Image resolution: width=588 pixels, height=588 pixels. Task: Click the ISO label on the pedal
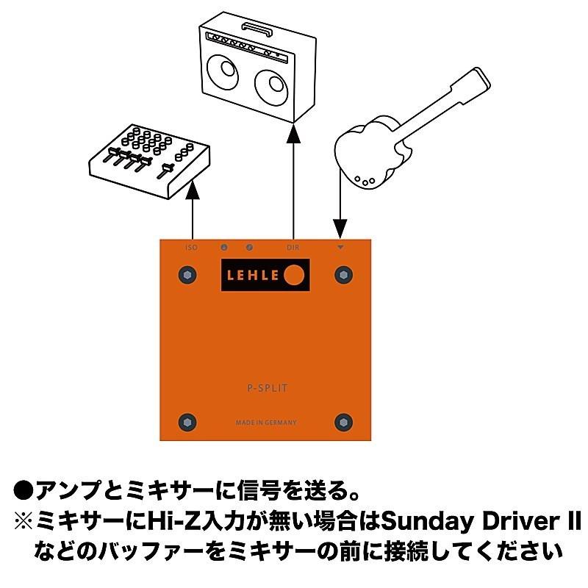coord(191,248)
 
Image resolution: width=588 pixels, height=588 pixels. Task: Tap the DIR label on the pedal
coord(293,248)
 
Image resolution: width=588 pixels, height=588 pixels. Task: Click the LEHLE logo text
coord(254,275)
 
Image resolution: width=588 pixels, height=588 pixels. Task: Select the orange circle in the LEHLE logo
coord(294,275)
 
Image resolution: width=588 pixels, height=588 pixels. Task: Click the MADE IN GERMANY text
coord(266,423)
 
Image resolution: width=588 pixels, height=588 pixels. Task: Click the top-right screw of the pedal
coord(343,275)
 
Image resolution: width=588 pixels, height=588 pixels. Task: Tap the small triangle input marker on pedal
coord(340,248)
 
